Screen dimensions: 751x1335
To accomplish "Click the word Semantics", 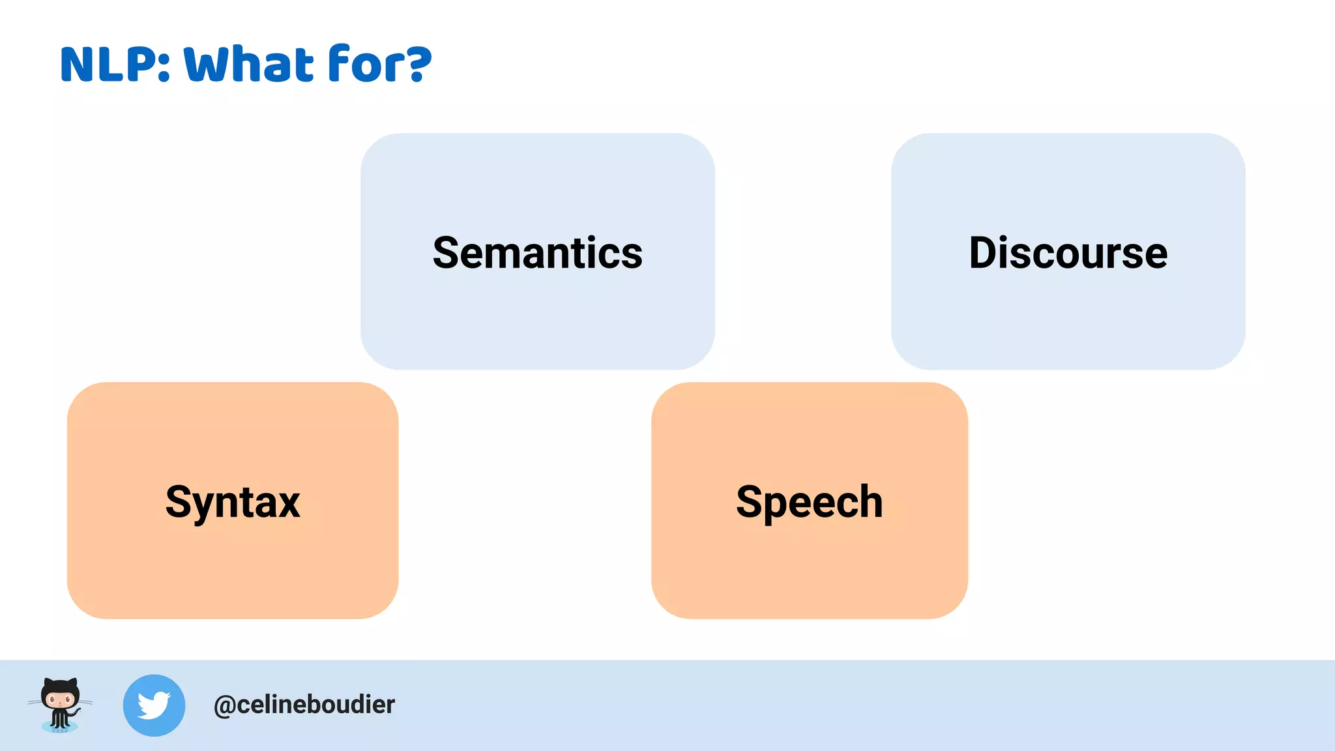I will point(537,253).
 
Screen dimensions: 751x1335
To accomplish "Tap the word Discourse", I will point(1068,253).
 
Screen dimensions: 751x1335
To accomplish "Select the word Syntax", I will point(233,502).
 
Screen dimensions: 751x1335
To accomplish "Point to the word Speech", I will point(809,502).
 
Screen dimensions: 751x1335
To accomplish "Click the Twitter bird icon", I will point(154,705).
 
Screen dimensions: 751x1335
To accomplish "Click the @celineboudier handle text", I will point(304,705).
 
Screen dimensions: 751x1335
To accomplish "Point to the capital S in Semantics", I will point(447,253).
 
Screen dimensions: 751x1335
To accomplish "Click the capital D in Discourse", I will point(985,253).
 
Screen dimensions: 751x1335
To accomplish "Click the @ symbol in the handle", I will point(225,706).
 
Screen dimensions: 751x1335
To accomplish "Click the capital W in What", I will point(205,65).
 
